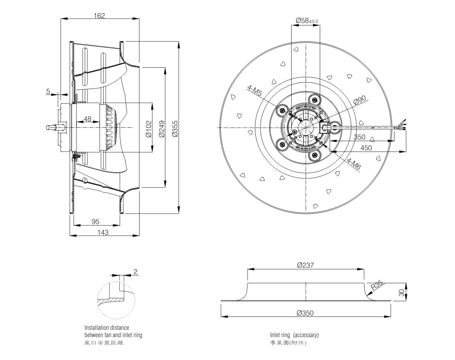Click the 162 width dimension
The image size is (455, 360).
[x=99, y=16]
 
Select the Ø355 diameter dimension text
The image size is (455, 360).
[x=175, y=129]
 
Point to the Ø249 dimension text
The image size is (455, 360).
[x=162, y=129]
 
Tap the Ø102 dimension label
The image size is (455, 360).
[x=149, y=129]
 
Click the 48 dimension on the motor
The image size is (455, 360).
[x=87, y=119]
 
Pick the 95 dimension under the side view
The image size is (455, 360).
[x=95, y=222]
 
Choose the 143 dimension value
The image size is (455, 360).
[x=103, y=233]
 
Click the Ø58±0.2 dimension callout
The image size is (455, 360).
[x=307, y=21]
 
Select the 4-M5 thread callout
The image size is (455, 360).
[x=254, y=91]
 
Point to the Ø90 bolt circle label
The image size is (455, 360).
[x=360, y=100]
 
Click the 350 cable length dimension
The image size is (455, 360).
[x=360, y=137]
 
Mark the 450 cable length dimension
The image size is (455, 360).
[x=366, y=148]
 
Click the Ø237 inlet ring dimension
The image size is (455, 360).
[x=305, y=265]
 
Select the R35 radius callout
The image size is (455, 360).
[x=377, y=285]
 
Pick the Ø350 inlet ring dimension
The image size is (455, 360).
[x=305, y=313]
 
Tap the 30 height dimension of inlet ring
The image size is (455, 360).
[x=401, y=293]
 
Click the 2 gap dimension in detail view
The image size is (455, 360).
[x=135, y=272]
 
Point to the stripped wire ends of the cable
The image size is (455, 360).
[x=403, y=125]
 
